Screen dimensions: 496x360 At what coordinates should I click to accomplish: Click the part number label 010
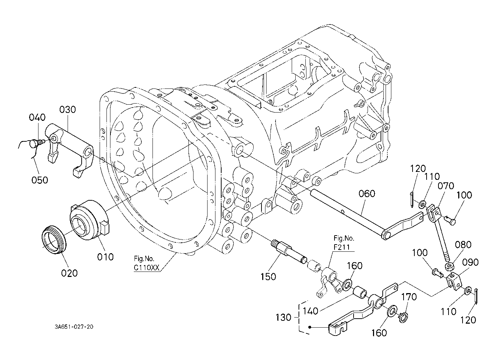click(105, 257)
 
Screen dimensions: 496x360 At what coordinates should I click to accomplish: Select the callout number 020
click(69, 273)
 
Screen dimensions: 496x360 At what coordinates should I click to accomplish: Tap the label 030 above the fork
click(68, 109)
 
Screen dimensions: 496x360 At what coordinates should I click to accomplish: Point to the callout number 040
click(37, 117)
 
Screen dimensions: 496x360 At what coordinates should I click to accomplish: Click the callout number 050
click(40, 180)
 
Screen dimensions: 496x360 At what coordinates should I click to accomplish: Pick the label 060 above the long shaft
click(367, 193)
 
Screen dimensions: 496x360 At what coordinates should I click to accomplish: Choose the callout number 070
click(446, 186)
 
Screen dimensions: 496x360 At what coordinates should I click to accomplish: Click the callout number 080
click(463, 245)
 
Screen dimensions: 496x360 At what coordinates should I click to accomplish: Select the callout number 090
click(470, 263)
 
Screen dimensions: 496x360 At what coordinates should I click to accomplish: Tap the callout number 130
click(283, 318)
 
